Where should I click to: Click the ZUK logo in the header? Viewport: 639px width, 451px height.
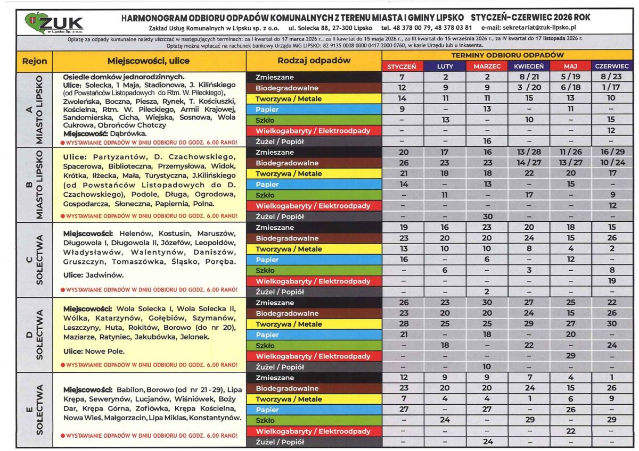tap(54, 23)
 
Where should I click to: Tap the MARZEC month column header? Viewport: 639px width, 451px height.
tap(487, 66)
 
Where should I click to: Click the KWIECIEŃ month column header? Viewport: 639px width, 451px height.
tap(529, 66)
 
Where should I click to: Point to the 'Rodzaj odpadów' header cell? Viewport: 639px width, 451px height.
tap(314, 61)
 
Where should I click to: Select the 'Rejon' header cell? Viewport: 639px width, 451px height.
tap(35, 61)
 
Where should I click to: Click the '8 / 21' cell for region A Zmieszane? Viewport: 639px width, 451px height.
tap(529, 77)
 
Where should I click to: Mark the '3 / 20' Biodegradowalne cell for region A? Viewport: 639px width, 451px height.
tap(529, 88)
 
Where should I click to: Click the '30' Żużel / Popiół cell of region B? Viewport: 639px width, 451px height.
tap(487, 216)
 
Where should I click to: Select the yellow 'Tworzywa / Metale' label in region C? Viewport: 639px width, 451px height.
tap(314, 249)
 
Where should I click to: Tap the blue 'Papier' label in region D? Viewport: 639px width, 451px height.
tap(314, 335)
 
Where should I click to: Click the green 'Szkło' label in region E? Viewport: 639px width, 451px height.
tap(314, 420)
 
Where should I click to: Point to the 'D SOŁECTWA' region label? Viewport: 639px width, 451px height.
tap(35, 335)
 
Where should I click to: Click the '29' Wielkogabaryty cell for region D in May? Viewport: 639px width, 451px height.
tap(570, 356)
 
